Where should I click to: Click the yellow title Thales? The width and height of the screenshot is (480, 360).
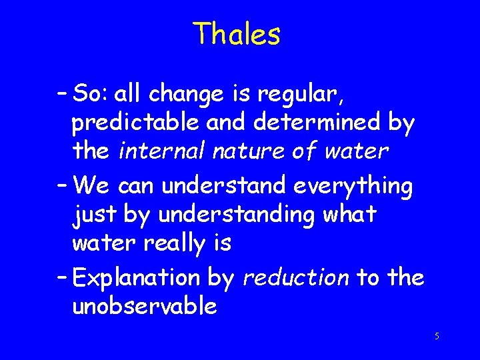click(237, 34)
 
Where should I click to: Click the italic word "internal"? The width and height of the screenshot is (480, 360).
click(163, 151)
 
